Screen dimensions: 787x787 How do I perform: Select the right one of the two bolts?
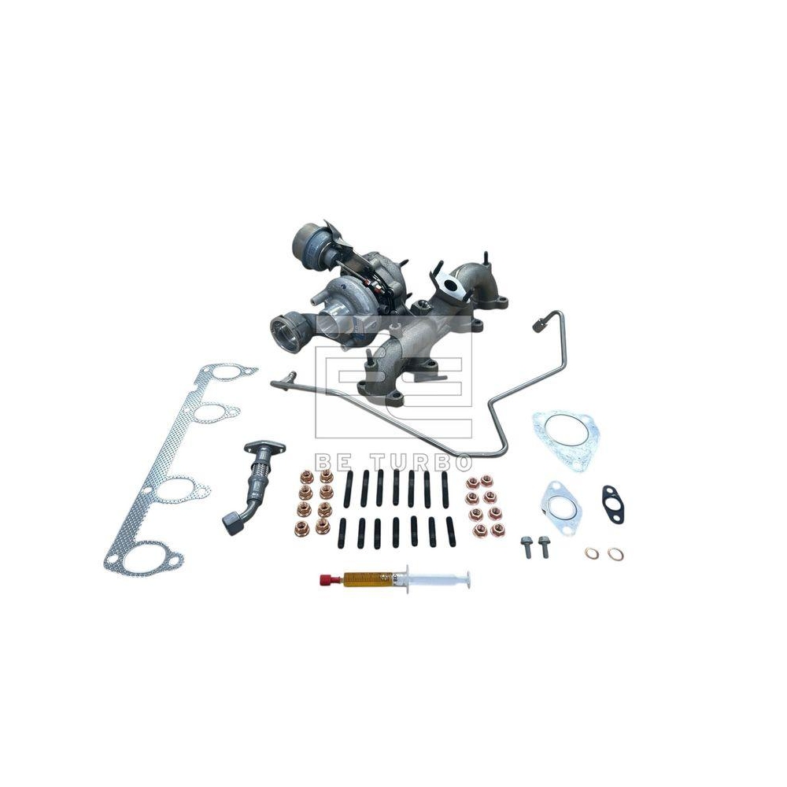(541, 547)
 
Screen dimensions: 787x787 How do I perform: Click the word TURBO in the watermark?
(431, 461)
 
